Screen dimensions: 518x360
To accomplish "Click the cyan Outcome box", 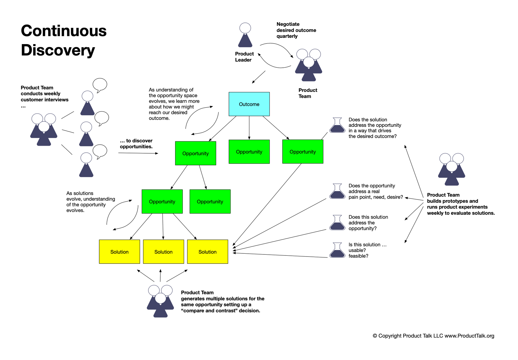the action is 249,104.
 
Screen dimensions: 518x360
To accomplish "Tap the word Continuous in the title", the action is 64,31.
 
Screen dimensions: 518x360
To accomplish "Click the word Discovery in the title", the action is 58,50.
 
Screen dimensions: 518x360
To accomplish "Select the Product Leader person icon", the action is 245,35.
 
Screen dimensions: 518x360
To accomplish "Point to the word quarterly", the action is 287,36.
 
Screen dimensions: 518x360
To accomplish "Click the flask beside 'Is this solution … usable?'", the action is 337,250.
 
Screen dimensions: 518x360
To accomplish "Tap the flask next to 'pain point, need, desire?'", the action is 337,191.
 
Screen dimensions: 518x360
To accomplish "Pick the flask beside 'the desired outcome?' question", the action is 337,125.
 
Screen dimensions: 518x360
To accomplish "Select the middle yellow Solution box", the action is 163,252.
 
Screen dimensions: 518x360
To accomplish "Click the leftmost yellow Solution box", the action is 119,252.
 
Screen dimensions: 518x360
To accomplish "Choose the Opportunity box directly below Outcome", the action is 249,152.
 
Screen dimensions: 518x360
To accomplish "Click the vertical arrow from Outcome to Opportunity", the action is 249,128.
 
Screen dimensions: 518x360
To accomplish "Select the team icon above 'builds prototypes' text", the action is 451,169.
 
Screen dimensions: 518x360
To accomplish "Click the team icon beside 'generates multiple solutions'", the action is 160,301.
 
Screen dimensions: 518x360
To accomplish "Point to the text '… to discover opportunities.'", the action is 136,144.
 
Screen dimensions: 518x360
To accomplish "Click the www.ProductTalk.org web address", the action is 469,336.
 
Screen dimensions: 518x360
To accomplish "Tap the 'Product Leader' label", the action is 244,57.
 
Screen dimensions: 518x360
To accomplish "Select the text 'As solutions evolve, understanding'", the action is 91,196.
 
